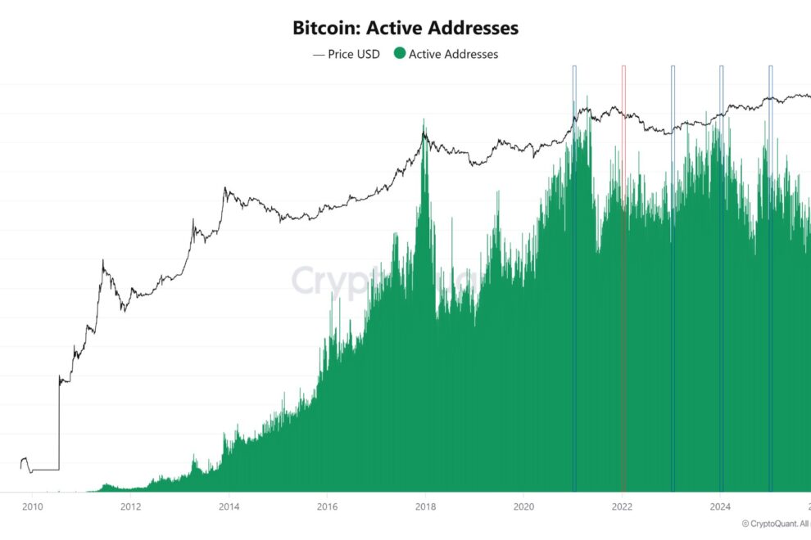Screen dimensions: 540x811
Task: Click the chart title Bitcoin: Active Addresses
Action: point(405,28)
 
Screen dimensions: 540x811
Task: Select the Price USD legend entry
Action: point(347,54)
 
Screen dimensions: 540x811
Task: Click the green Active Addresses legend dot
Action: point(400,54)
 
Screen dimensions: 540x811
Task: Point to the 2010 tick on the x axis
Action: point(32,506)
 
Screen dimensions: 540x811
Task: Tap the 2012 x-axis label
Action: point(130,506)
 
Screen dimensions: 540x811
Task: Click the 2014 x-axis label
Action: point(229,506)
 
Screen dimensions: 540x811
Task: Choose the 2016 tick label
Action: point(327,506)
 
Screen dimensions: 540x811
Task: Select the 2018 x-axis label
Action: point(425,506)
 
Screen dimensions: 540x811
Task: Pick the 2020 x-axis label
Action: point(524,506)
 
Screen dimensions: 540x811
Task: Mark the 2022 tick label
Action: point(623,506)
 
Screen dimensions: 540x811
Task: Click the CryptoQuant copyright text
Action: point(775,523)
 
